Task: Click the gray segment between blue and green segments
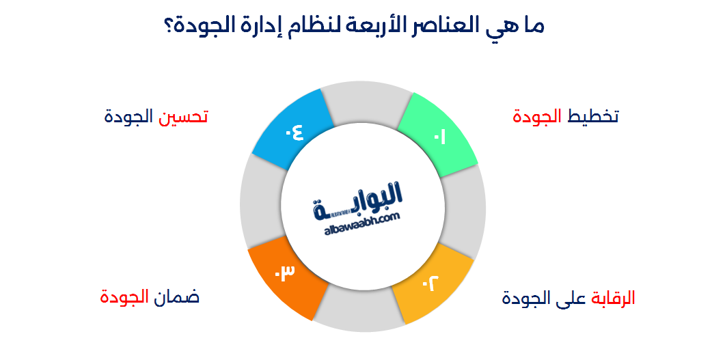point(366,102)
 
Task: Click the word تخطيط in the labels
point(593,116)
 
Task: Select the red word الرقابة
point(611,299)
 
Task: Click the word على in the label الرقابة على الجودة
point(569,299)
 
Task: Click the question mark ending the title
point(169,27)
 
